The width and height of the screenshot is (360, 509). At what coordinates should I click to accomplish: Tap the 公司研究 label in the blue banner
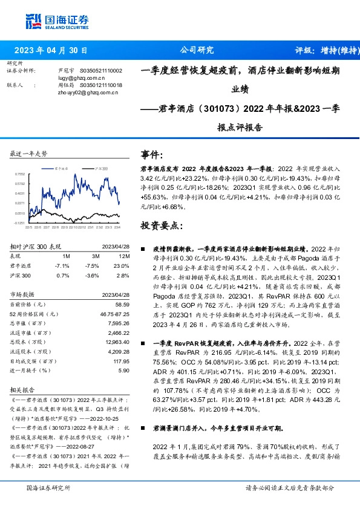pos(197,50)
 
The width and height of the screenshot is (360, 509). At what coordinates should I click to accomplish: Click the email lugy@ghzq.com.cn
pos(81,78)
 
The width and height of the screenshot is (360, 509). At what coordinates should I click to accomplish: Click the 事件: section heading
pos(152,154)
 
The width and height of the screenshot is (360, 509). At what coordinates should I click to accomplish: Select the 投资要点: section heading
pos(160,226)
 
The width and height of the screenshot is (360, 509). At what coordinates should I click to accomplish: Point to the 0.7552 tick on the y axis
pos(20,173)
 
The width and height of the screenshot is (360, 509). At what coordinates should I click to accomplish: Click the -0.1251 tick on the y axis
pos(20,223)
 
